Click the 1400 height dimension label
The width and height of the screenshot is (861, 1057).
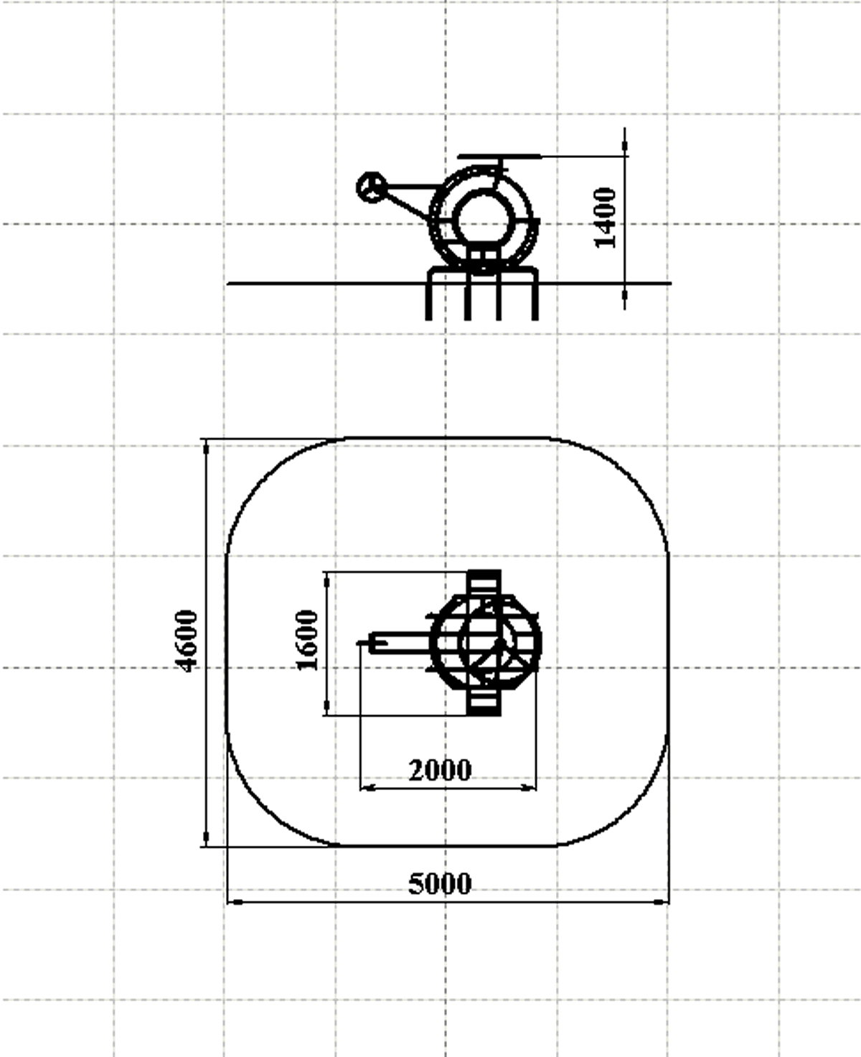coord(605,218)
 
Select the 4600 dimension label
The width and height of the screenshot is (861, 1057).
coord(187,641)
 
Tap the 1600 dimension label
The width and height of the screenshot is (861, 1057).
coord(307,640)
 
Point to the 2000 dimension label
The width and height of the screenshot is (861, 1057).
coord(440,770)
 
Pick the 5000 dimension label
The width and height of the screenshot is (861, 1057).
coord(440,884)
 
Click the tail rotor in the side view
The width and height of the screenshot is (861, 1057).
coord(371,187)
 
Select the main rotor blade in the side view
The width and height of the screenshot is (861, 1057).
coord(500,157)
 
